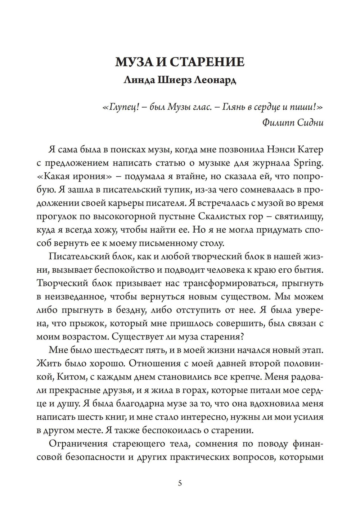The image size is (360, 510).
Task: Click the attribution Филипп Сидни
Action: pyautogui.click(x=293, y=123)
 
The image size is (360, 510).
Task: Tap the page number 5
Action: pyautogui.click(x=180, y=483)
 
